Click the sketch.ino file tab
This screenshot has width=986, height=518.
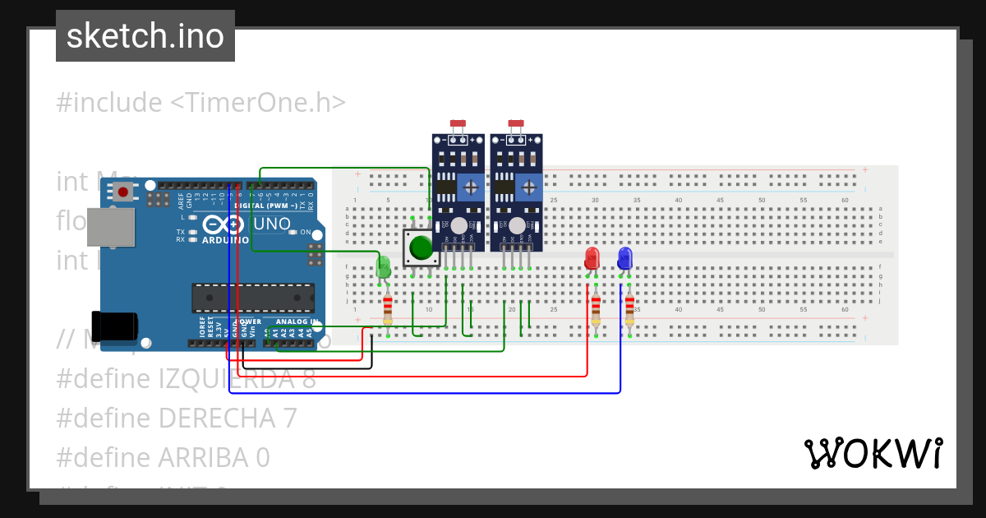(x=145, y=36)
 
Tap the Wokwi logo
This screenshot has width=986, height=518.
(x=873, y=453)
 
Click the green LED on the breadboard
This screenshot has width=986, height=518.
(x=383, y=266)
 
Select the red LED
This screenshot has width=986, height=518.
(x=592, y=258)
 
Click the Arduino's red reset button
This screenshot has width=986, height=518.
(x=123, y=192)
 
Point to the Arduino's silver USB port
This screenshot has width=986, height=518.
(x=110, y=227)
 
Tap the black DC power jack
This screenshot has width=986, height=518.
(x=115, y=326)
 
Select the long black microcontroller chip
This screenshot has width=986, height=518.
(x=252, y=298)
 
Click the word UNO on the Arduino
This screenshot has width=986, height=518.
(x=272, y=224)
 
